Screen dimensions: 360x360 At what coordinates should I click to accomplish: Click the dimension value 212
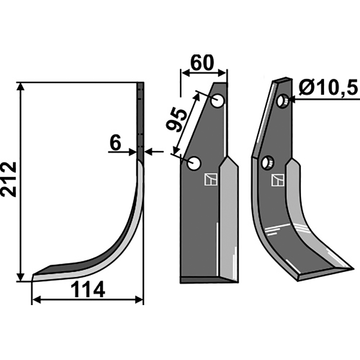[x=9, y=179]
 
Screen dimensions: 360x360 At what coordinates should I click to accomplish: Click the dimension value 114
[x=88, y=290]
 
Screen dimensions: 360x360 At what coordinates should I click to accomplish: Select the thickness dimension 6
[x=115, y=144]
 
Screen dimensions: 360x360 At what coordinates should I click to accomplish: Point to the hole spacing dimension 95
[x=176, y=120]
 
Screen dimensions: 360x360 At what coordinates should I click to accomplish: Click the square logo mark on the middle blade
[x=210, y=180]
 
